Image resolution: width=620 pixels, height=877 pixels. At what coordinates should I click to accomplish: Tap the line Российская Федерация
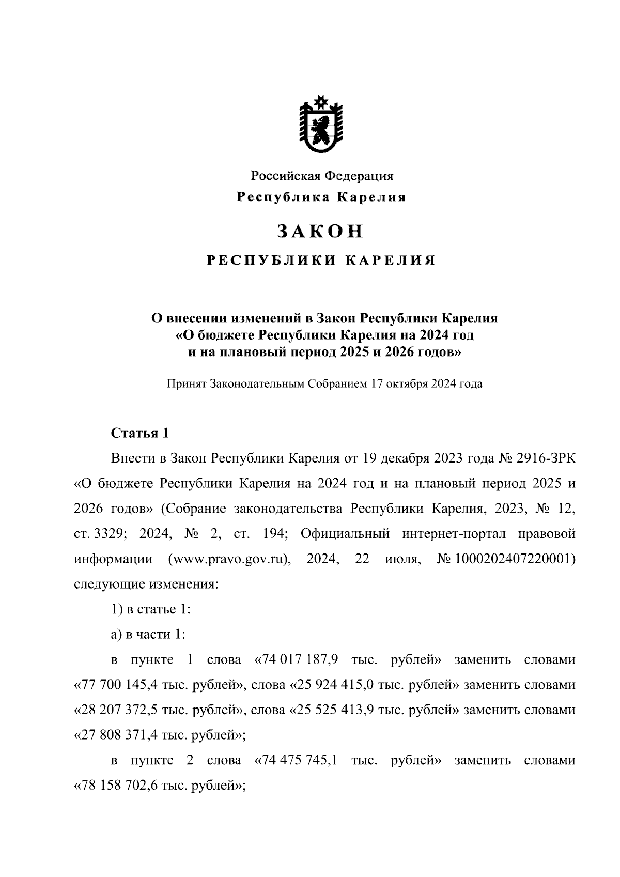pos(322,176)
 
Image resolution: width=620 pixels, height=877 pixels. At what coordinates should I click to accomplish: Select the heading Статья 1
pos(140,433)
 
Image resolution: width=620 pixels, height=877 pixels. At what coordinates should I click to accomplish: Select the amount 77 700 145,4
pos(120,685)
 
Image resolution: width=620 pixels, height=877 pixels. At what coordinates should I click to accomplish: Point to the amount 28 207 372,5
pos(120,710)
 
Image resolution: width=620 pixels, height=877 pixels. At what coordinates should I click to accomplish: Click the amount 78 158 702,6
pos(120,786)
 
